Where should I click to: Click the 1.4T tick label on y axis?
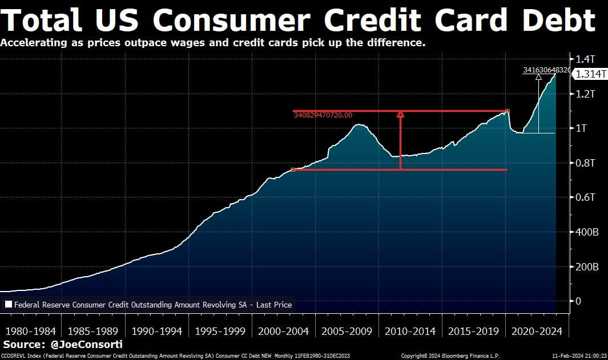[x=586, y=59]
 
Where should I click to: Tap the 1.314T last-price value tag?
[x=589, y=74]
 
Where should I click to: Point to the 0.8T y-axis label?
[x=586, y=163]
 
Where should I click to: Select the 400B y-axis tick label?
[x=587, y=232]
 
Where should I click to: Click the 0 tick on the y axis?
[x=578, y=301]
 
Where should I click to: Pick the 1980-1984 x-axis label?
[x=30, y=331]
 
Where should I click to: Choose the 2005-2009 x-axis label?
[x=347, y=331]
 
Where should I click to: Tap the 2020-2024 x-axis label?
[x=537, y=331]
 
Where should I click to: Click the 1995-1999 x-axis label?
[x=220, y=331]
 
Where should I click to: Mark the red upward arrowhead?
[x=400, y=115]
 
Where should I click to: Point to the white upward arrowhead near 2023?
[x=538, y=77]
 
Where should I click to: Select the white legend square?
[x=8, y=305]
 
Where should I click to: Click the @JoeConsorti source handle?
[x=85, y=345]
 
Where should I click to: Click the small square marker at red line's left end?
[x=293, y=169]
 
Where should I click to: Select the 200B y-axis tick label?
[x=587, y=267]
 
